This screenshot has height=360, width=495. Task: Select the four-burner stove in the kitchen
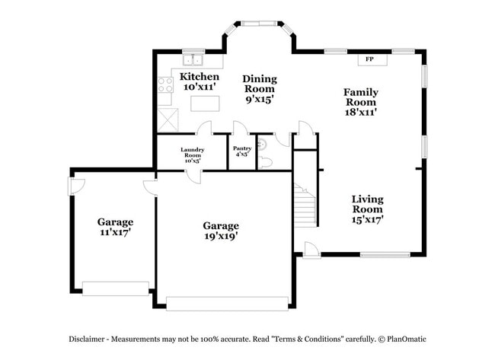coord(165,84)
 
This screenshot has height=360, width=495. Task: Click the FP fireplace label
coord(370,59)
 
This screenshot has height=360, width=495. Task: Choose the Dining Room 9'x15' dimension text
coord(259,99)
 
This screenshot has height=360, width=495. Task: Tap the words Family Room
coord(361,97)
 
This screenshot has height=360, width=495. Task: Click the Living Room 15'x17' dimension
coord(367,219)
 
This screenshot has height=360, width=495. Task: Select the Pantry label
coord(242,148)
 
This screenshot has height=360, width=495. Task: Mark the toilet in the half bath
coord(266,161)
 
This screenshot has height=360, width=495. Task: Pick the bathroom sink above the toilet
coord(263,144)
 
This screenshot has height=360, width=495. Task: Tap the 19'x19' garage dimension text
coord(221,236)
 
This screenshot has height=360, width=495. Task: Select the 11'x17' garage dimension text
coord(115,232)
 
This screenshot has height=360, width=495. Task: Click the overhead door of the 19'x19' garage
coord(227,303)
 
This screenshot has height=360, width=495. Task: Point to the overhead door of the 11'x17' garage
coord(116,288)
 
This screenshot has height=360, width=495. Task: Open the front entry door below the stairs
coord(311,250)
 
